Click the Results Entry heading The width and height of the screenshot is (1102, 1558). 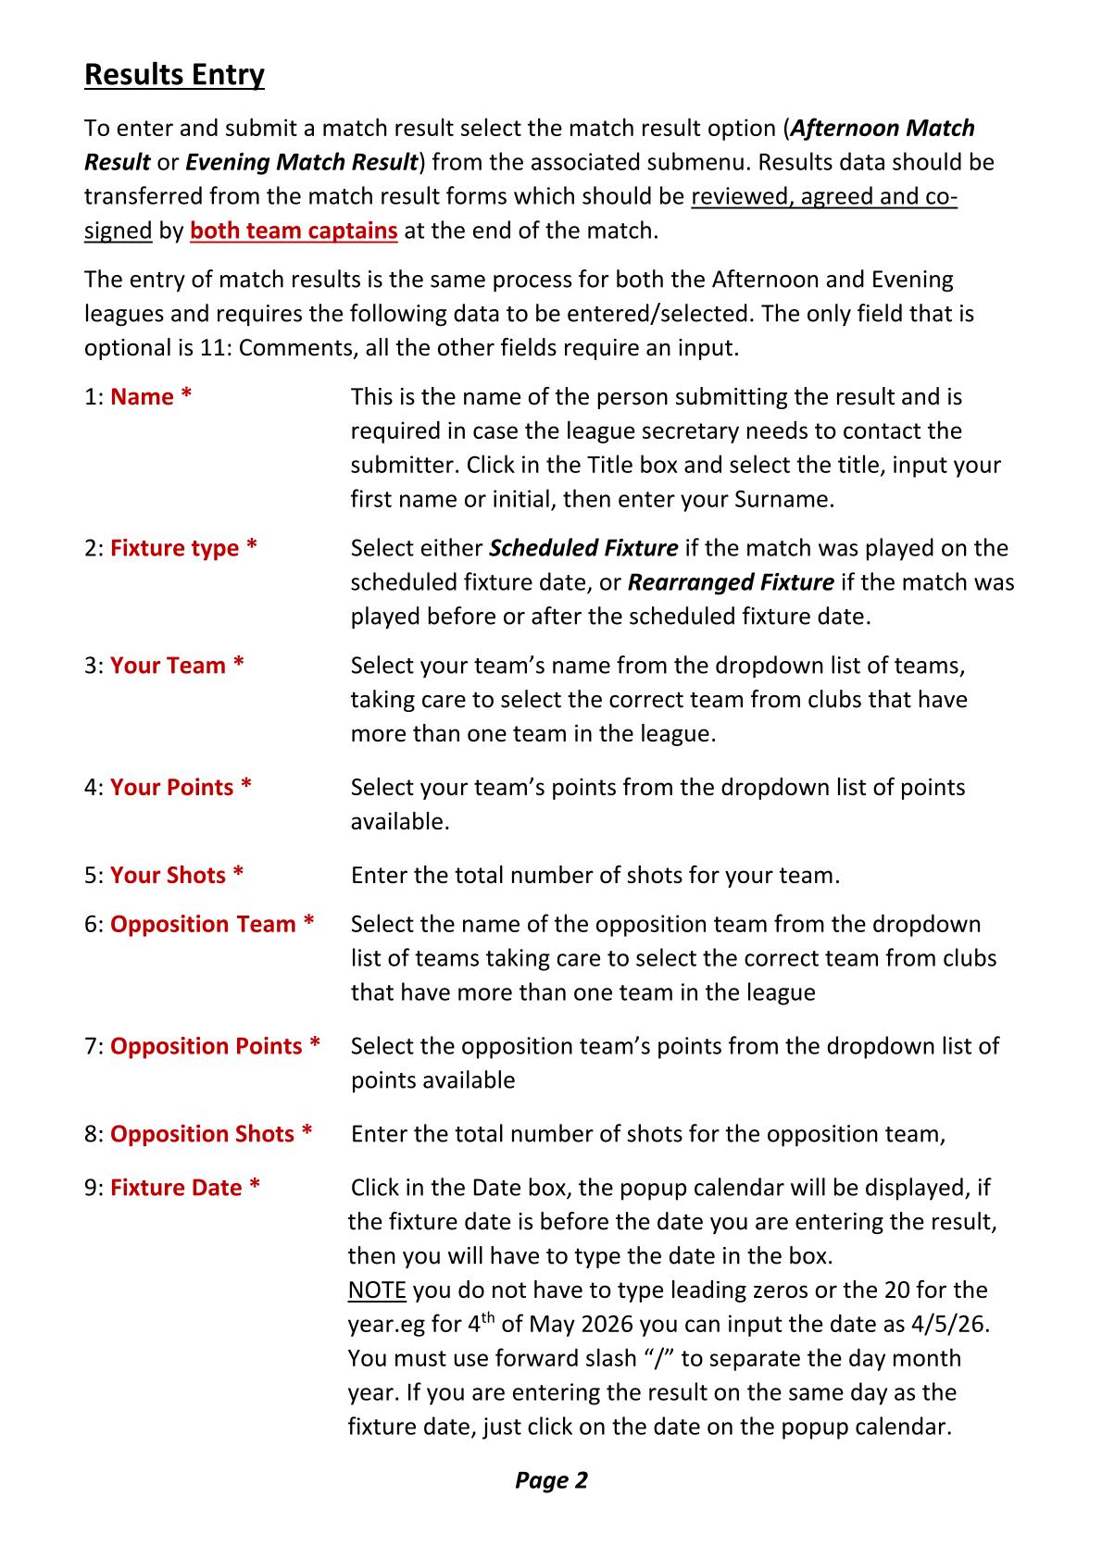tap(174, 74)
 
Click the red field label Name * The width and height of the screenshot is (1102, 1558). tap(151, 397)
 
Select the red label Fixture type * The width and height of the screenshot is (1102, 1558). tap(183, 548)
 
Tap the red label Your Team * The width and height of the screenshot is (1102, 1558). tap(177, 666)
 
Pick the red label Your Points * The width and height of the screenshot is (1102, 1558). tap(181, 788)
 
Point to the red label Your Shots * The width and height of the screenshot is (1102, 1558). tap(177, 876)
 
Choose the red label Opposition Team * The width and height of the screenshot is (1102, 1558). tap(212, 925)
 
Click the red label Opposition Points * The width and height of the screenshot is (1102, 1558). tap(215, 1047)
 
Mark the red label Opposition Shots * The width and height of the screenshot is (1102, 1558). tap(211, 1135)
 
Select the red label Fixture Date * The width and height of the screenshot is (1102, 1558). tap(184, 1188)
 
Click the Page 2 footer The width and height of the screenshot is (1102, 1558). tap(551, 1481)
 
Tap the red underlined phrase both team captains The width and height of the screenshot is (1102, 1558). tap(294, 231)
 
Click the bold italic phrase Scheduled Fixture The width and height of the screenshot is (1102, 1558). tap(583, 548)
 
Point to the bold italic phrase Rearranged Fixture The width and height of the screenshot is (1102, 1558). tap(731, 582)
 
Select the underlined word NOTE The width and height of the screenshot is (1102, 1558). tap(376, 1290)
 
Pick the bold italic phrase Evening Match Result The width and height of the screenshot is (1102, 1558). tap(302, 163)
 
